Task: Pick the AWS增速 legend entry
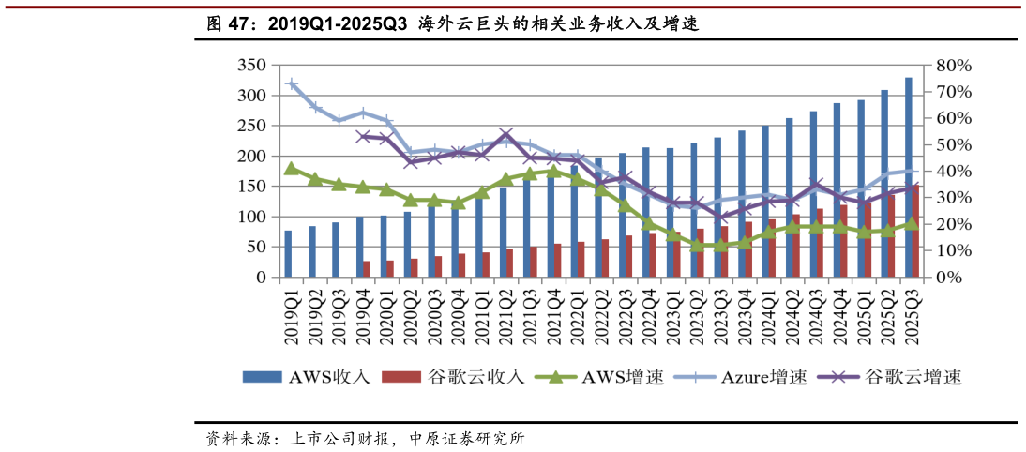tap(599, 377)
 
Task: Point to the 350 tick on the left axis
tap(253, 66)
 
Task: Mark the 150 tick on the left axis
tap(253, 187)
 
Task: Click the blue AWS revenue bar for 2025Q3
tap(908, 177)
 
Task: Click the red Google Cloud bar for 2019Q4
tap(367, 269)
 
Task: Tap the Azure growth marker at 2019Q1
tap(292, 84)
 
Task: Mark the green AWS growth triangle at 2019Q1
tap(292, 169)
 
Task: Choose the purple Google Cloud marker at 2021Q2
tap(506, 135)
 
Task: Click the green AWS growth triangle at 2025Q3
tap(911, 224)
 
